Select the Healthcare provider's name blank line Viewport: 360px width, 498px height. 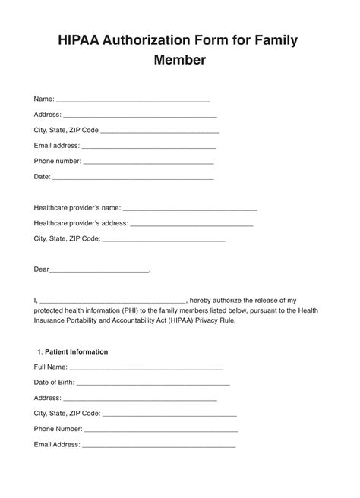[x=189, y=208]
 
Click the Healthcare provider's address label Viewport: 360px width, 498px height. [x=81, y=223]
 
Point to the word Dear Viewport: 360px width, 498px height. [x=41, y=269]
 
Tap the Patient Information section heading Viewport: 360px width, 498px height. [x=76, y=352]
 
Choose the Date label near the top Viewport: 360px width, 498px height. [x=42, y=177]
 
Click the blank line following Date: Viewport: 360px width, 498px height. [x=133, y=178]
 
